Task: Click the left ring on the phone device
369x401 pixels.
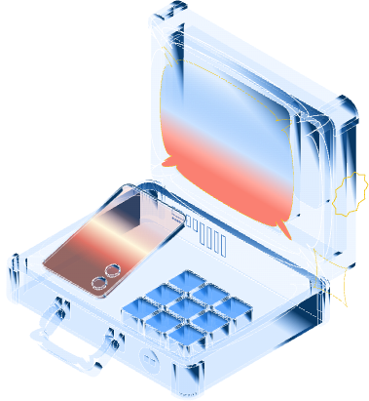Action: (x=97, y=283)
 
